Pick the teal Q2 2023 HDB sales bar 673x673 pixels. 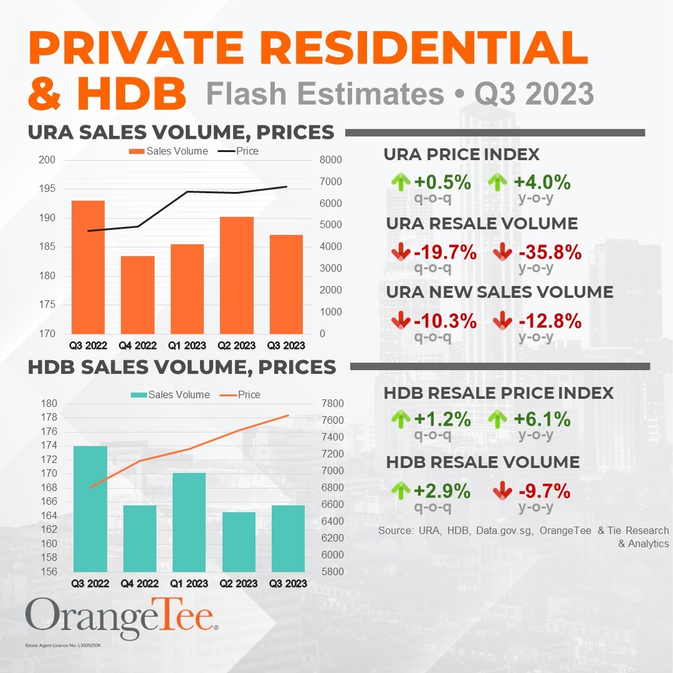[239, 542]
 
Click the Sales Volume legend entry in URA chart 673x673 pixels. [168, 151]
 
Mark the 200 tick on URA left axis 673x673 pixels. [48, 160]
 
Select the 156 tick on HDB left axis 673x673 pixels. [49, 571]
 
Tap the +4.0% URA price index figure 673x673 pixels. [542, 183]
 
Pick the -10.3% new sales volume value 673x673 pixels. [445, 322]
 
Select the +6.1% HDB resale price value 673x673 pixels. [542, 419]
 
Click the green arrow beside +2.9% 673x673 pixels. [401, 490]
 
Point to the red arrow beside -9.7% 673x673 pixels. [502, 490]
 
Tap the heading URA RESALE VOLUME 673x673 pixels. [482, 223]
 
